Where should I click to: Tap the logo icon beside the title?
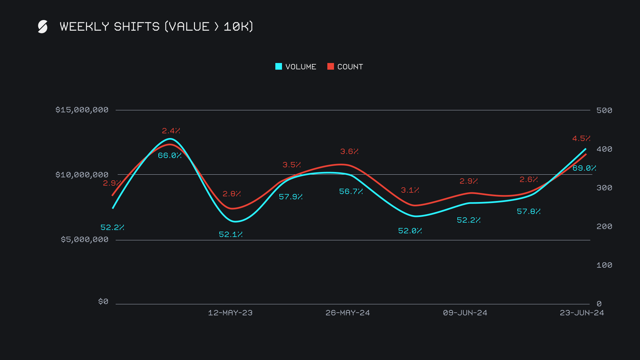pos(43,27)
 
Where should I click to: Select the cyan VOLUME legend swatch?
pos(279,67)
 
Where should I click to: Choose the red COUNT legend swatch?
pos(331,67)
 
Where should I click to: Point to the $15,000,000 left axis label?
pos(82,110)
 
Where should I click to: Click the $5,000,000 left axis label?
pos(85,240)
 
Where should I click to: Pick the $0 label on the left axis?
pos(103,302)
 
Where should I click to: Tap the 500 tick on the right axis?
pos(604,110)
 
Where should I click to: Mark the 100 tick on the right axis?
pos(604,265)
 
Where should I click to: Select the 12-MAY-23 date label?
pos(230,313)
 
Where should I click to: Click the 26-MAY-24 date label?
pos(348,313)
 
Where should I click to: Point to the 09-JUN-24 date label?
pos(465,313)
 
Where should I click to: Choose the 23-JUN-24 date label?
pos(582,313)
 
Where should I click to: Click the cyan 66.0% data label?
pos(170,156)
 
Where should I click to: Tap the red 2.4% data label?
pos(171,131)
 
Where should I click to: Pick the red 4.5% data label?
pos(581,139)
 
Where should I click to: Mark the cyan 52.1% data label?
pos(231,235)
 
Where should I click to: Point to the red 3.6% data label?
pos(349,152)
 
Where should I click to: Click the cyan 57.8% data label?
pos(529,212)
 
